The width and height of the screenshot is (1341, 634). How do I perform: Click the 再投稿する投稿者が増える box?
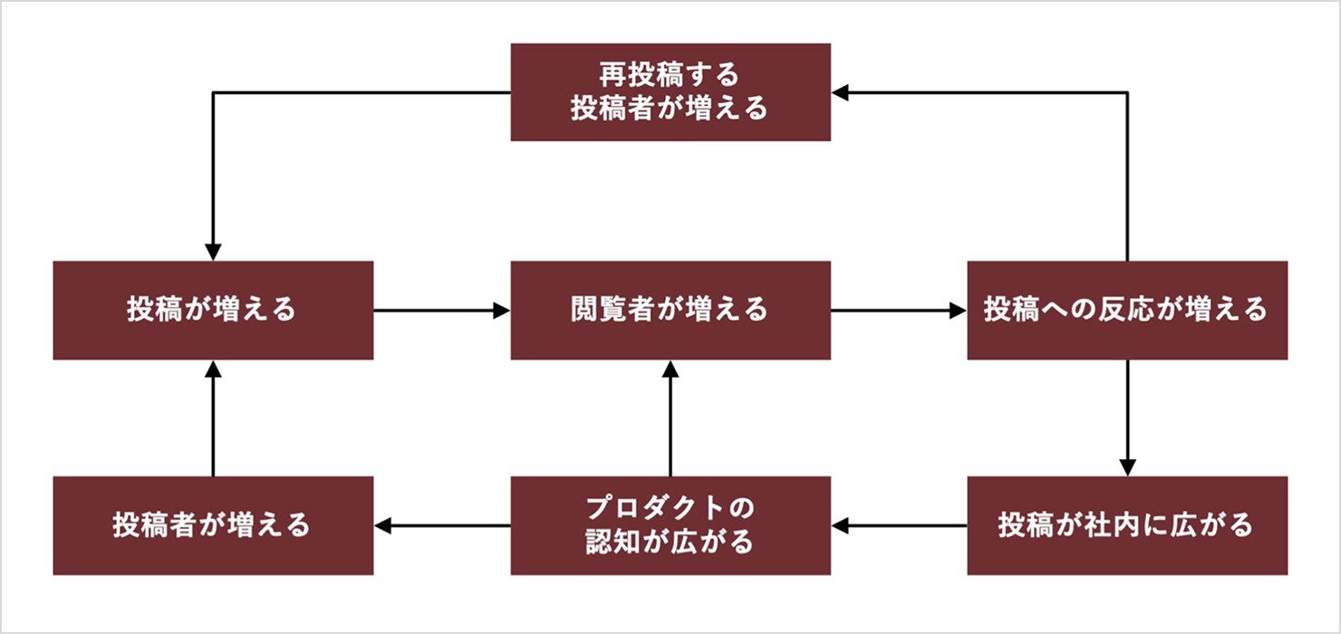tap(670, 92)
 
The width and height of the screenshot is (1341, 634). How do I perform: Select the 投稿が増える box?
tap(213, 311)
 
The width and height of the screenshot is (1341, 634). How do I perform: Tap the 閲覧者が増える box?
tap(670, 311)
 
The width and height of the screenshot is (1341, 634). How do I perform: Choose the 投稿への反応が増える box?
tap(1127, 311)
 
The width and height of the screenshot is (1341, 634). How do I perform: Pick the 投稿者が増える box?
tap(213, 525)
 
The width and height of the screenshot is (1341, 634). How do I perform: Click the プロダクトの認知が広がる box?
tap(670, 525)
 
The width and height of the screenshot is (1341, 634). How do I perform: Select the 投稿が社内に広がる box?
tap(1127, 525)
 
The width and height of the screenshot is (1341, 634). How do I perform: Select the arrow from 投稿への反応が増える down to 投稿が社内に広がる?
tap(1127, 418)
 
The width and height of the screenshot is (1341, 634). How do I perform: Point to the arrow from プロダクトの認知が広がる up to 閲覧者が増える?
tap(670, 418)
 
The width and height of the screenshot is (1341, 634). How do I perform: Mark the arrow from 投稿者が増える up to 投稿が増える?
tap(213, 418)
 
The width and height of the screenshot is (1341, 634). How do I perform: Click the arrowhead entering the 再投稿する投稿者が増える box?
tap(840, 92)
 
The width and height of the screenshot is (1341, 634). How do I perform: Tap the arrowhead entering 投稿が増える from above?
tap(213, 253)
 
